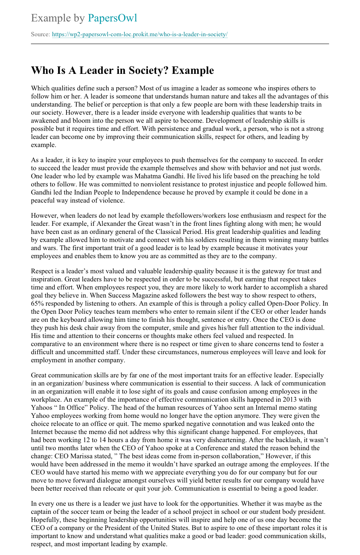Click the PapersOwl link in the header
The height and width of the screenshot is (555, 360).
pyautogui.click(x=112, y=18)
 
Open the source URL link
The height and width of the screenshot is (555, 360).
pyautogui.click(x=140, y=34)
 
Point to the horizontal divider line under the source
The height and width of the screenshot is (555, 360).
pyautogui.click(x=180, y=44)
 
